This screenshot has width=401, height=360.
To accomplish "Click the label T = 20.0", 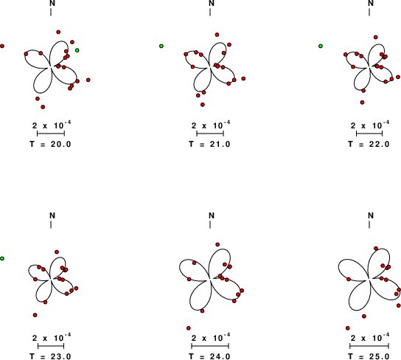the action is point(50,144).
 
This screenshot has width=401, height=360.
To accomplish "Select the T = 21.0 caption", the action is point(209,144).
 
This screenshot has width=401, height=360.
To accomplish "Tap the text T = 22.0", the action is point(369,144).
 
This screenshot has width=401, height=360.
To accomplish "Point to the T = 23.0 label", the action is point(50,356).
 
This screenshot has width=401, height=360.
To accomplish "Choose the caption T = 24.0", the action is point(209,356).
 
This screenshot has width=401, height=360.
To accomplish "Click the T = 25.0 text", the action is point(369,356).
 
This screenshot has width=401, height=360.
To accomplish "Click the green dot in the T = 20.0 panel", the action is point(77,50).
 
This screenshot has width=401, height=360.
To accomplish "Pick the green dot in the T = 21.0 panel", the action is point(161,46).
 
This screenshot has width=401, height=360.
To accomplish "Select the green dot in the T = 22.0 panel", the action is point(321,46).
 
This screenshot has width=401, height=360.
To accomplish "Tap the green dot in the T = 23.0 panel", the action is point(2,258).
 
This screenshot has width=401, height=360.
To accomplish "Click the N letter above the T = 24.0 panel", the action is point(212,215).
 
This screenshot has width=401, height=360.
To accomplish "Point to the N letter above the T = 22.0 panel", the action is point(371,4).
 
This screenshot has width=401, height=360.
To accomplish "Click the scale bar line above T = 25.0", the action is point(369,346).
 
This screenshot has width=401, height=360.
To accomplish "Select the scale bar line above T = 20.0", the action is point(51,134).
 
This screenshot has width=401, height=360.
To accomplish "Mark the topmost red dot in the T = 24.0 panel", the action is point(217,245).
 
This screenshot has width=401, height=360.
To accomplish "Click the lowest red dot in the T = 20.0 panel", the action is point(43,107).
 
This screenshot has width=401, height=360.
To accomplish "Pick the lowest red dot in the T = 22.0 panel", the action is point(362,103).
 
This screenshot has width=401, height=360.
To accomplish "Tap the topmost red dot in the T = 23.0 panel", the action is point(57,252).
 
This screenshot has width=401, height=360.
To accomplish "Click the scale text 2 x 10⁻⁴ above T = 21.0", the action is point(211,125).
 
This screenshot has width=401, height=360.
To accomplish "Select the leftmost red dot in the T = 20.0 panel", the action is point(2,46).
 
